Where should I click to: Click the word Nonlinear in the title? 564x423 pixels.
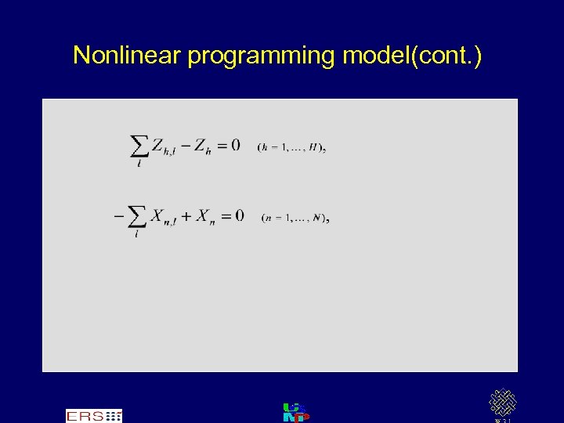[127, 56]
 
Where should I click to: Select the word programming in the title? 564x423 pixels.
[262, 56]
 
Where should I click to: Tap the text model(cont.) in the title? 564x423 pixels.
[412, 56]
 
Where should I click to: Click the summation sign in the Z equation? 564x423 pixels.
[139, 146]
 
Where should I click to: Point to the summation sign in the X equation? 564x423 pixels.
[136, 217]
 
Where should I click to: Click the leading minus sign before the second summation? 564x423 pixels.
[118, 215]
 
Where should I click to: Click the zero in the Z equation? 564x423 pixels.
[235, 145]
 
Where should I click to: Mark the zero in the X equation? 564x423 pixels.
[239, 215]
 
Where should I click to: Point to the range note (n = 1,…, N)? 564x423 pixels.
[295, 218]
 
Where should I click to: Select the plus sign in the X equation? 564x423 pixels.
[186, 216]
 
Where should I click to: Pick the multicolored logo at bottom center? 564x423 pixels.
[295, 413]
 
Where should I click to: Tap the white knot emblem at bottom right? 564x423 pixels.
[502, 403]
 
